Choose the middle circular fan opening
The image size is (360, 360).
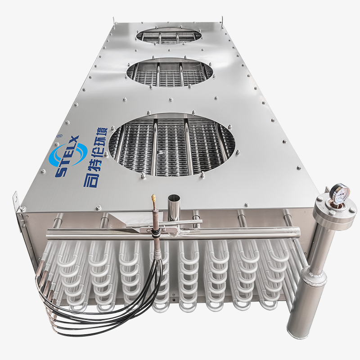pos(170,72)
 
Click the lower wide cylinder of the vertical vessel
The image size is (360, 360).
pos(312,288)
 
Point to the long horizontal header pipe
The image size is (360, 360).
pos(171,233)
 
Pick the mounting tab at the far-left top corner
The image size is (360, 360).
pos(114,20)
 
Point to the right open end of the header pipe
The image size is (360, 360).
pos(297,232)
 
